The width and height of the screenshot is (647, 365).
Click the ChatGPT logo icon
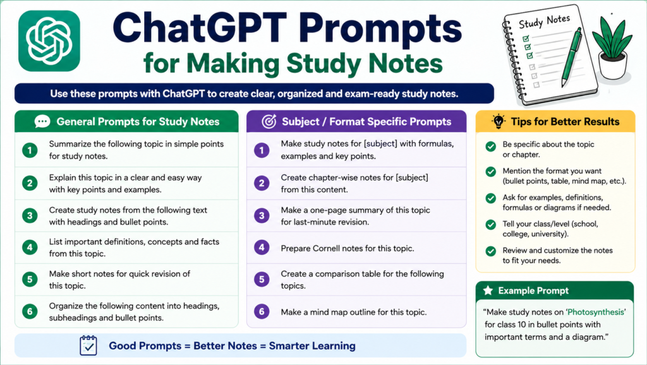pyautogui.click(x=49, y=41)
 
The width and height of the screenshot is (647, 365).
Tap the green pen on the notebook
pyautogui.click(x=571, y=57)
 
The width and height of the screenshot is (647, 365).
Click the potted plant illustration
pyautogui.click(x=612, y=48)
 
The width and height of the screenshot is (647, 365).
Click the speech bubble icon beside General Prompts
pyautogui.click(x=42, y=121)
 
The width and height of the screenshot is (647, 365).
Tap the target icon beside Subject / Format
pyautogui.click(x=269, y=121)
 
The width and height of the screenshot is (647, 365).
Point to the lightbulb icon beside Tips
pyautogui.click(x=499, y=121)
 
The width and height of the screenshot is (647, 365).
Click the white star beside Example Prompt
pyautogui.click(x=488, y=290)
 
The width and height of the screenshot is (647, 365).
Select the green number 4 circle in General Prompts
pyautogui.click(x=30, y=248)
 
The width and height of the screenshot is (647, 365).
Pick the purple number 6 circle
pyautogui.click(x=262, y=311)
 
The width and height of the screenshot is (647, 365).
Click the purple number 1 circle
pyautogui.click(x=262, y=150)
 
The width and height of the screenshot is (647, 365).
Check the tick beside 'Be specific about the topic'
pyautogui.click(x=490, y=147)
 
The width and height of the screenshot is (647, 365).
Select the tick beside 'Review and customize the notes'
pyautogui.click(x=490, y=251)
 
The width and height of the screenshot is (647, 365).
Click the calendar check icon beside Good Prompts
pyautogui.click(x=88, y=345)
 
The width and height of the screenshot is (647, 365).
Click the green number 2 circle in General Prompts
pyautogui.click(x=30, y=183)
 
